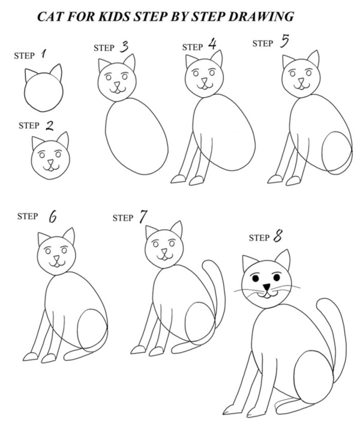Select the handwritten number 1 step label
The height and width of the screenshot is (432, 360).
click(44, 55)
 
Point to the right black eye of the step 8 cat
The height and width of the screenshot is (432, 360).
click(277, 278)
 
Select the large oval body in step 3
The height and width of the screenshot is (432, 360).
click(137, 136)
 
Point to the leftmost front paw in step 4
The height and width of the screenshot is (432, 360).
click(178, 178)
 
